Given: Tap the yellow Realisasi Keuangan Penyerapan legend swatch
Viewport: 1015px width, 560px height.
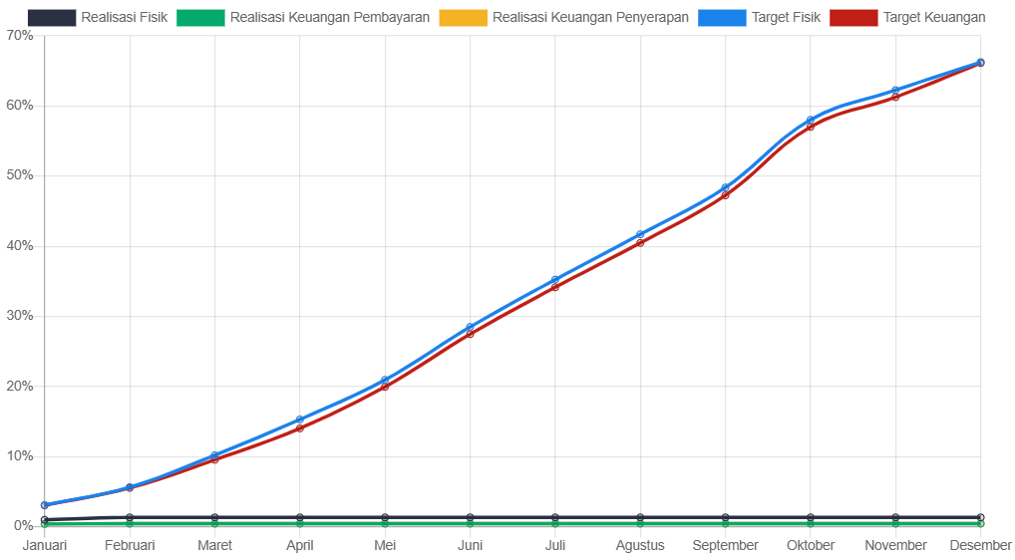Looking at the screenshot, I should [463, 18].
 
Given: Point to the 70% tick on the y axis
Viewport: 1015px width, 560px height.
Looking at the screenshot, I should [20, 35].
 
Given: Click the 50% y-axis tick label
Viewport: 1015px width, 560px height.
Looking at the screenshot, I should [20, 175].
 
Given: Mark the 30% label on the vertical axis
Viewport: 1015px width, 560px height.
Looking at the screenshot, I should [20, 316].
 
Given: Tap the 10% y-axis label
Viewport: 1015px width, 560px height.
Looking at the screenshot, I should [20, 456].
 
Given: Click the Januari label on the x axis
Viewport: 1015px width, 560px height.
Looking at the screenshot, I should [45, 545].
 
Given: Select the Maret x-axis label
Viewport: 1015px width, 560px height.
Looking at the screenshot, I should [214, 545].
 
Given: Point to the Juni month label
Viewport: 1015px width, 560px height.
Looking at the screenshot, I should [470, 545].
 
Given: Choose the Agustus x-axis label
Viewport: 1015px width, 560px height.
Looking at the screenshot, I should [640, 545].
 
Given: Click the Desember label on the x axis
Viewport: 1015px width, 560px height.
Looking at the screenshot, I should [980, 545].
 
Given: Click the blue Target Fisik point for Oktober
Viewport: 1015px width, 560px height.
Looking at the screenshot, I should [811, 120].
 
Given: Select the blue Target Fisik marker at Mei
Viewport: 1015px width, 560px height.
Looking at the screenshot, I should [385, 380].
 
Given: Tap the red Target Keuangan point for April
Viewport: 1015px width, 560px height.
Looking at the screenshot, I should [300, 428].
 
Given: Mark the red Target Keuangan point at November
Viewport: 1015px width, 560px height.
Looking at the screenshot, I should [895, 97].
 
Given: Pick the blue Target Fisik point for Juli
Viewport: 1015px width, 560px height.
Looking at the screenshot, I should [555, 280].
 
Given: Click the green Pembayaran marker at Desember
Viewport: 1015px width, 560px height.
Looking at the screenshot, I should [981, 523].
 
